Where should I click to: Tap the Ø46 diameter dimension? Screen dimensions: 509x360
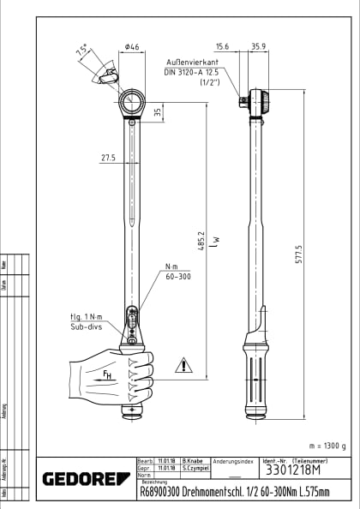tap(132, 47)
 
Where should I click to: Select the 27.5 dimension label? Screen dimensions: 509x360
tap(108, 158)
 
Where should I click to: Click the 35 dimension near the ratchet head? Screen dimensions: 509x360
tap(157, 111)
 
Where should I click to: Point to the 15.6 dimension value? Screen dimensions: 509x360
tap(223, 47)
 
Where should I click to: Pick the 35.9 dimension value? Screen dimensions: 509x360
tap(258, 47)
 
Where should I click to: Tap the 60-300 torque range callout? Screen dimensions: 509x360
tap(178, 278)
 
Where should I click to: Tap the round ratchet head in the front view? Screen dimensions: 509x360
tap(133, 103)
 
